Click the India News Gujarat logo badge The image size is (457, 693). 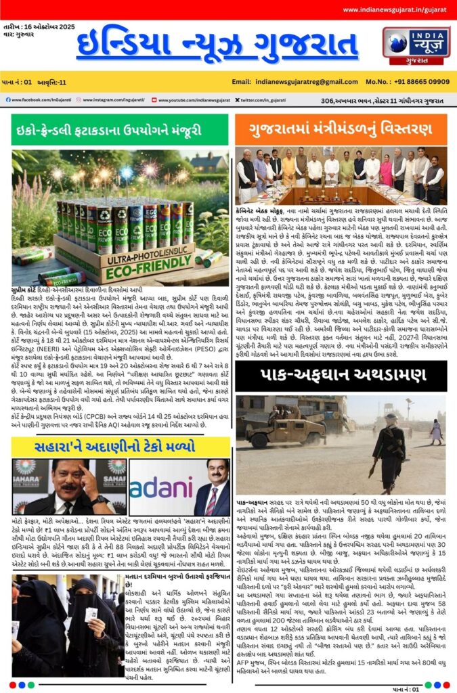point(420,45)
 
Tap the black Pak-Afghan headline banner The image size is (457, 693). point(341,374)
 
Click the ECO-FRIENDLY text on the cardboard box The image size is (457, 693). point(128,269)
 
